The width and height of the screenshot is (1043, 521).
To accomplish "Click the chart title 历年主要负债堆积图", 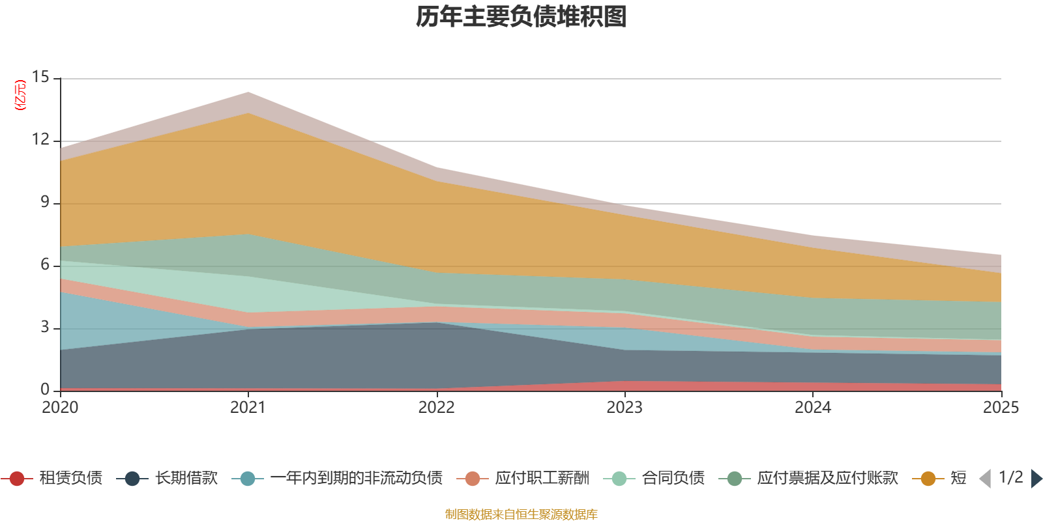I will point(521,17).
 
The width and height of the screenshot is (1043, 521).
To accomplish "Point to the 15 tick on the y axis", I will point(41,77).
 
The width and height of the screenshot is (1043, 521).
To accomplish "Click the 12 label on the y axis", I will point(41,139).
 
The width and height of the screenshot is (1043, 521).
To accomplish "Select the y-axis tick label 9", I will point(45,202).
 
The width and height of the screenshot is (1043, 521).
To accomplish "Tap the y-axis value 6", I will point(45,264).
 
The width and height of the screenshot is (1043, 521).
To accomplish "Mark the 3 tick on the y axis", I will point(45,327).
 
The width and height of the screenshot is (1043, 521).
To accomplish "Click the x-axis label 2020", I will point(60,408).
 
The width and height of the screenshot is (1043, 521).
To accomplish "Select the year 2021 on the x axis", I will point(248,408).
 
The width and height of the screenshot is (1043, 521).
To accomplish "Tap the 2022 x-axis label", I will point(436,408).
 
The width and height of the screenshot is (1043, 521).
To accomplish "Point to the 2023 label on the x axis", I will point(624,408).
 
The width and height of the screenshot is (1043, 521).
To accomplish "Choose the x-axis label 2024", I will point(813,408).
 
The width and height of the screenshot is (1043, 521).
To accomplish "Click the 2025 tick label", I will point(1001,408).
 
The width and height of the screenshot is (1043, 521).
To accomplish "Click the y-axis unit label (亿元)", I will point(20,95).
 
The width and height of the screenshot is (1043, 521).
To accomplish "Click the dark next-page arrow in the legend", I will point(1036,479).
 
